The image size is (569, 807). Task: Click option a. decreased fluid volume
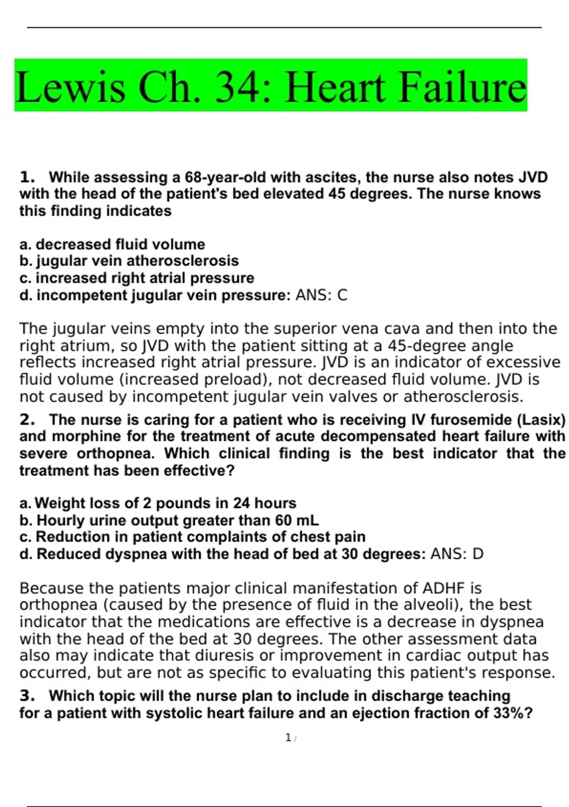(112, 244)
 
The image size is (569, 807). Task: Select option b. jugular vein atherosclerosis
(129, 261)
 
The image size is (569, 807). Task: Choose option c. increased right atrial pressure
(137, 278)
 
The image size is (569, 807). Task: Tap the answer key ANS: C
(321, 295)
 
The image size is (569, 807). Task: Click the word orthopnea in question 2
(116, 453)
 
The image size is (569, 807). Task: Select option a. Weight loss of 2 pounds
(158, 503)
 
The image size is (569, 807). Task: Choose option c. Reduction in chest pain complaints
(193, 537)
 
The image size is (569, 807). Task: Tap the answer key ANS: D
(457, 554)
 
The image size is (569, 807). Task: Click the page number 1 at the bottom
(288, 738)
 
